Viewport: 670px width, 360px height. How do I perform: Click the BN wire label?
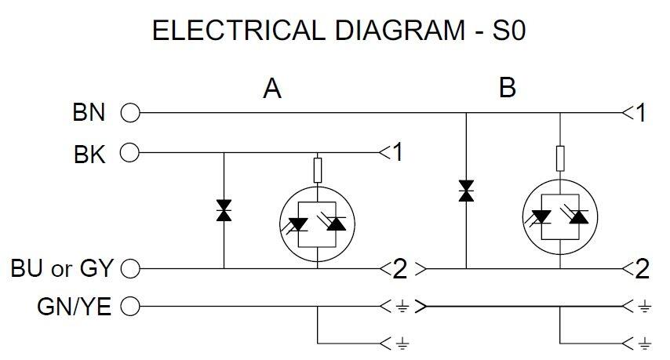tap(89, 113)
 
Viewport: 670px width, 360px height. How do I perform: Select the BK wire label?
tap(89, 153)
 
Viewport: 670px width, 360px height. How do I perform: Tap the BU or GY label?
tap(62, 269)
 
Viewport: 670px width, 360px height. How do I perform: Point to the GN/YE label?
tap(75, 307)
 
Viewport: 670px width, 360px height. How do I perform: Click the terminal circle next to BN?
tap(130, 114)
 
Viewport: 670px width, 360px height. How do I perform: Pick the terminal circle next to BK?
tap(130, 153)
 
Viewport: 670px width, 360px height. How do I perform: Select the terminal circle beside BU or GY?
tap(130, 269)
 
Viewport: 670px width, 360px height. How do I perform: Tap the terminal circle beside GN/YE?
tap(130, 307)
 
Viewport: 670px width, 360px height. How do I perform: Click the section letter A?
tap(271, 89)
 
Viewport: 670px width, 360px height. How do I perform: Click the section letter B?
tap(508, 89)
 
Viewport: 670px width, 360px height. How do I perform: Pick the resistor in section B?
tap(560, 157)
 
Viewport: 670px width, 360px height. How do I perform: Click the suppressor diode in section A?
tap(224, 210)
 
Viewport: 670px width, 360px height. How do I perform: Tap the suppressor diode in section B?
tap(466, 191)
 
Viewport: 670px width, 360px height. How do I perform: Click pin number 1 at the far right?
tap(641, 114)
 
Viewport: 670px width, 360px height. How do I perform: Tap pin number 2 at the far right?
tap(642, 269)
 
